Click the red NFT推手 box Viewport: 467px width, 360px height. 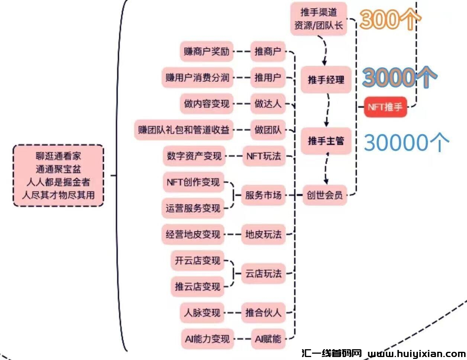pos(385,107)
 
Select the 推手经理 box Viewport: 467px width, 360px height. pos(326,80)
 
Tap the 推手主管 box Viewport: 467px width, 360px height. pos(326,141)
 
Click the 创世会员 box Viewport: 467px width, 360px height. pos(324,195)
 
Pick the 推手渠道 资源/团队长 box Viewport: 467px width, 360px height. pos(318,19)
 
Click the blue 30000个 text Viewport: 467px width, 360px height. pos(406,142)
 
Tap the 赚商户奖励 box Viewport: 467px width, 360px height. pos(206,51)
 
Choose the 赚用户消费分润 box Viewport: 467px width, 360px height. pos(197,78)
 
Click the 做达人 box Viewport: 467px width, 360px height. pos(268,104)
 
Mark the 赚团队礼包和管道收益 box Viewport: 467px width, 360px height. pos(184,130)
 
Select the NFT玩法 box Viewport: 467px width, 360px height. pos(263,156)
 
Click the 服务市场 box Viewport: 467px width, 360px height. pos(263,195)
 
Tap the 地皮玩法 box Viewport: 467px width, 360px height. pos(263,234)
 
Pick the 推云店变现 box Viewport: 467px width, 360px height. pos(197,287)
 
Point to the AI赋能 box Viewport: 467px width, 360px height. pos(268,339)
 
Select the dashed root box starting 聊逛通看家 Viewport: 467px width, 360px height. pos(58,176)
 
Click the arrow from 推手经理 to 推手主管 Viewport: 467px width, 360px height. pos(328,110)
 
